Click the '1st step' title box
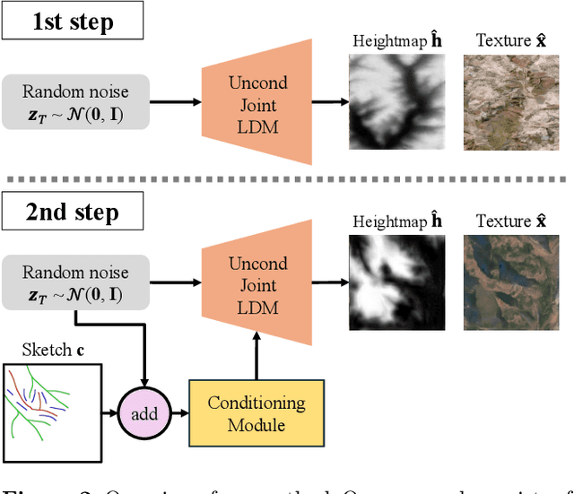click(x=73, y=22)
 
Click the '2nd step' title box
click(x=73, y=213)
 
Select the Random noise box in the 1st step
click(x=75, y=100)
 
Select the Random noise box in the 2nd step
click(x=75, y=282)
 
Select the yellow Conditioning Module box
click(x=257, y=413)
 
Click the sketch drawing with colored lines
click(x=54, y=411)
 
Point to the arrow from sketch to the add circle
click(x=114, y=413)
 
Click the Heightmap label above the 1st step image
click(x=396, y=40)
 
